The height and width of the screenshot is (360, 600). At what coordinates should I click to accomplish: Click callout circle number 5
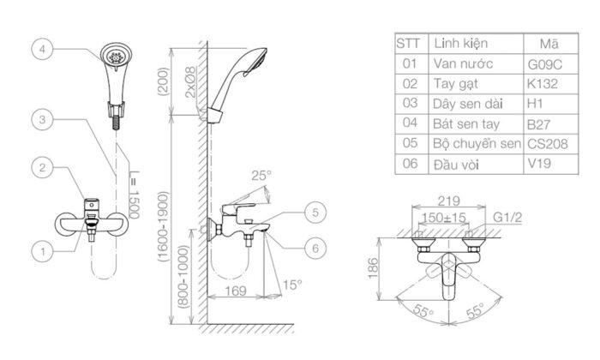click(315, 212)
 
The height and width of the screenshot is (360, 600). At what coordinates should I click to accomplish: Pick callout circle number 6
click(315, 248)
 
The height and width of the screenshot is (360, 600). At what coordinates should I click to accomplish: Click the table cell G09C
click(545, 63)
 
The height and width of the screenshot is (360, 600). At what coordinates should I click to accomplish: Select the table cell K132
click(543, 83)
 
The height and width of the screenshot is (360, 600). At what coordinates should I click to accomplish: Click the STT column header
click(410, 43)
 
